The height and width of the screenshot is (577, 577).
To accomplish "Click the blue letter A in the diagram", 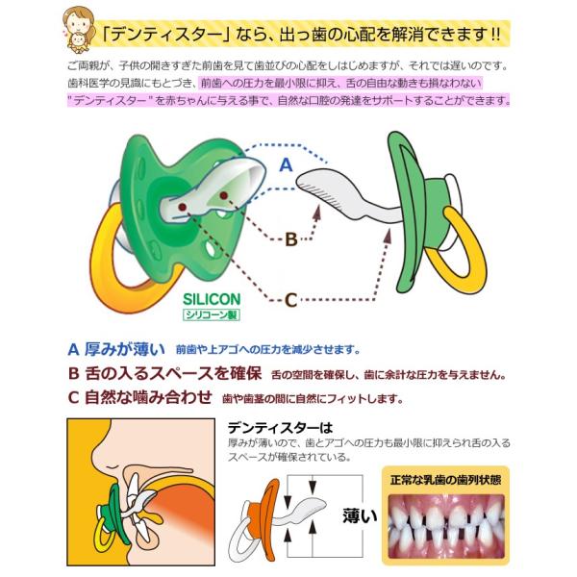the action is pyautogui.click(x=285, y=164).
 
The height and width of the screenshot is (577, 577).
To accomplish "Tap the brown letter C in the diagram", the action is pyautogui.click(x=291, y=300).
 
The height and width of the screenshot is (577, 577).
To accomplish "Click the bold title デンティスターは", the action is pyautogui.click(x=280, y=427).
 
